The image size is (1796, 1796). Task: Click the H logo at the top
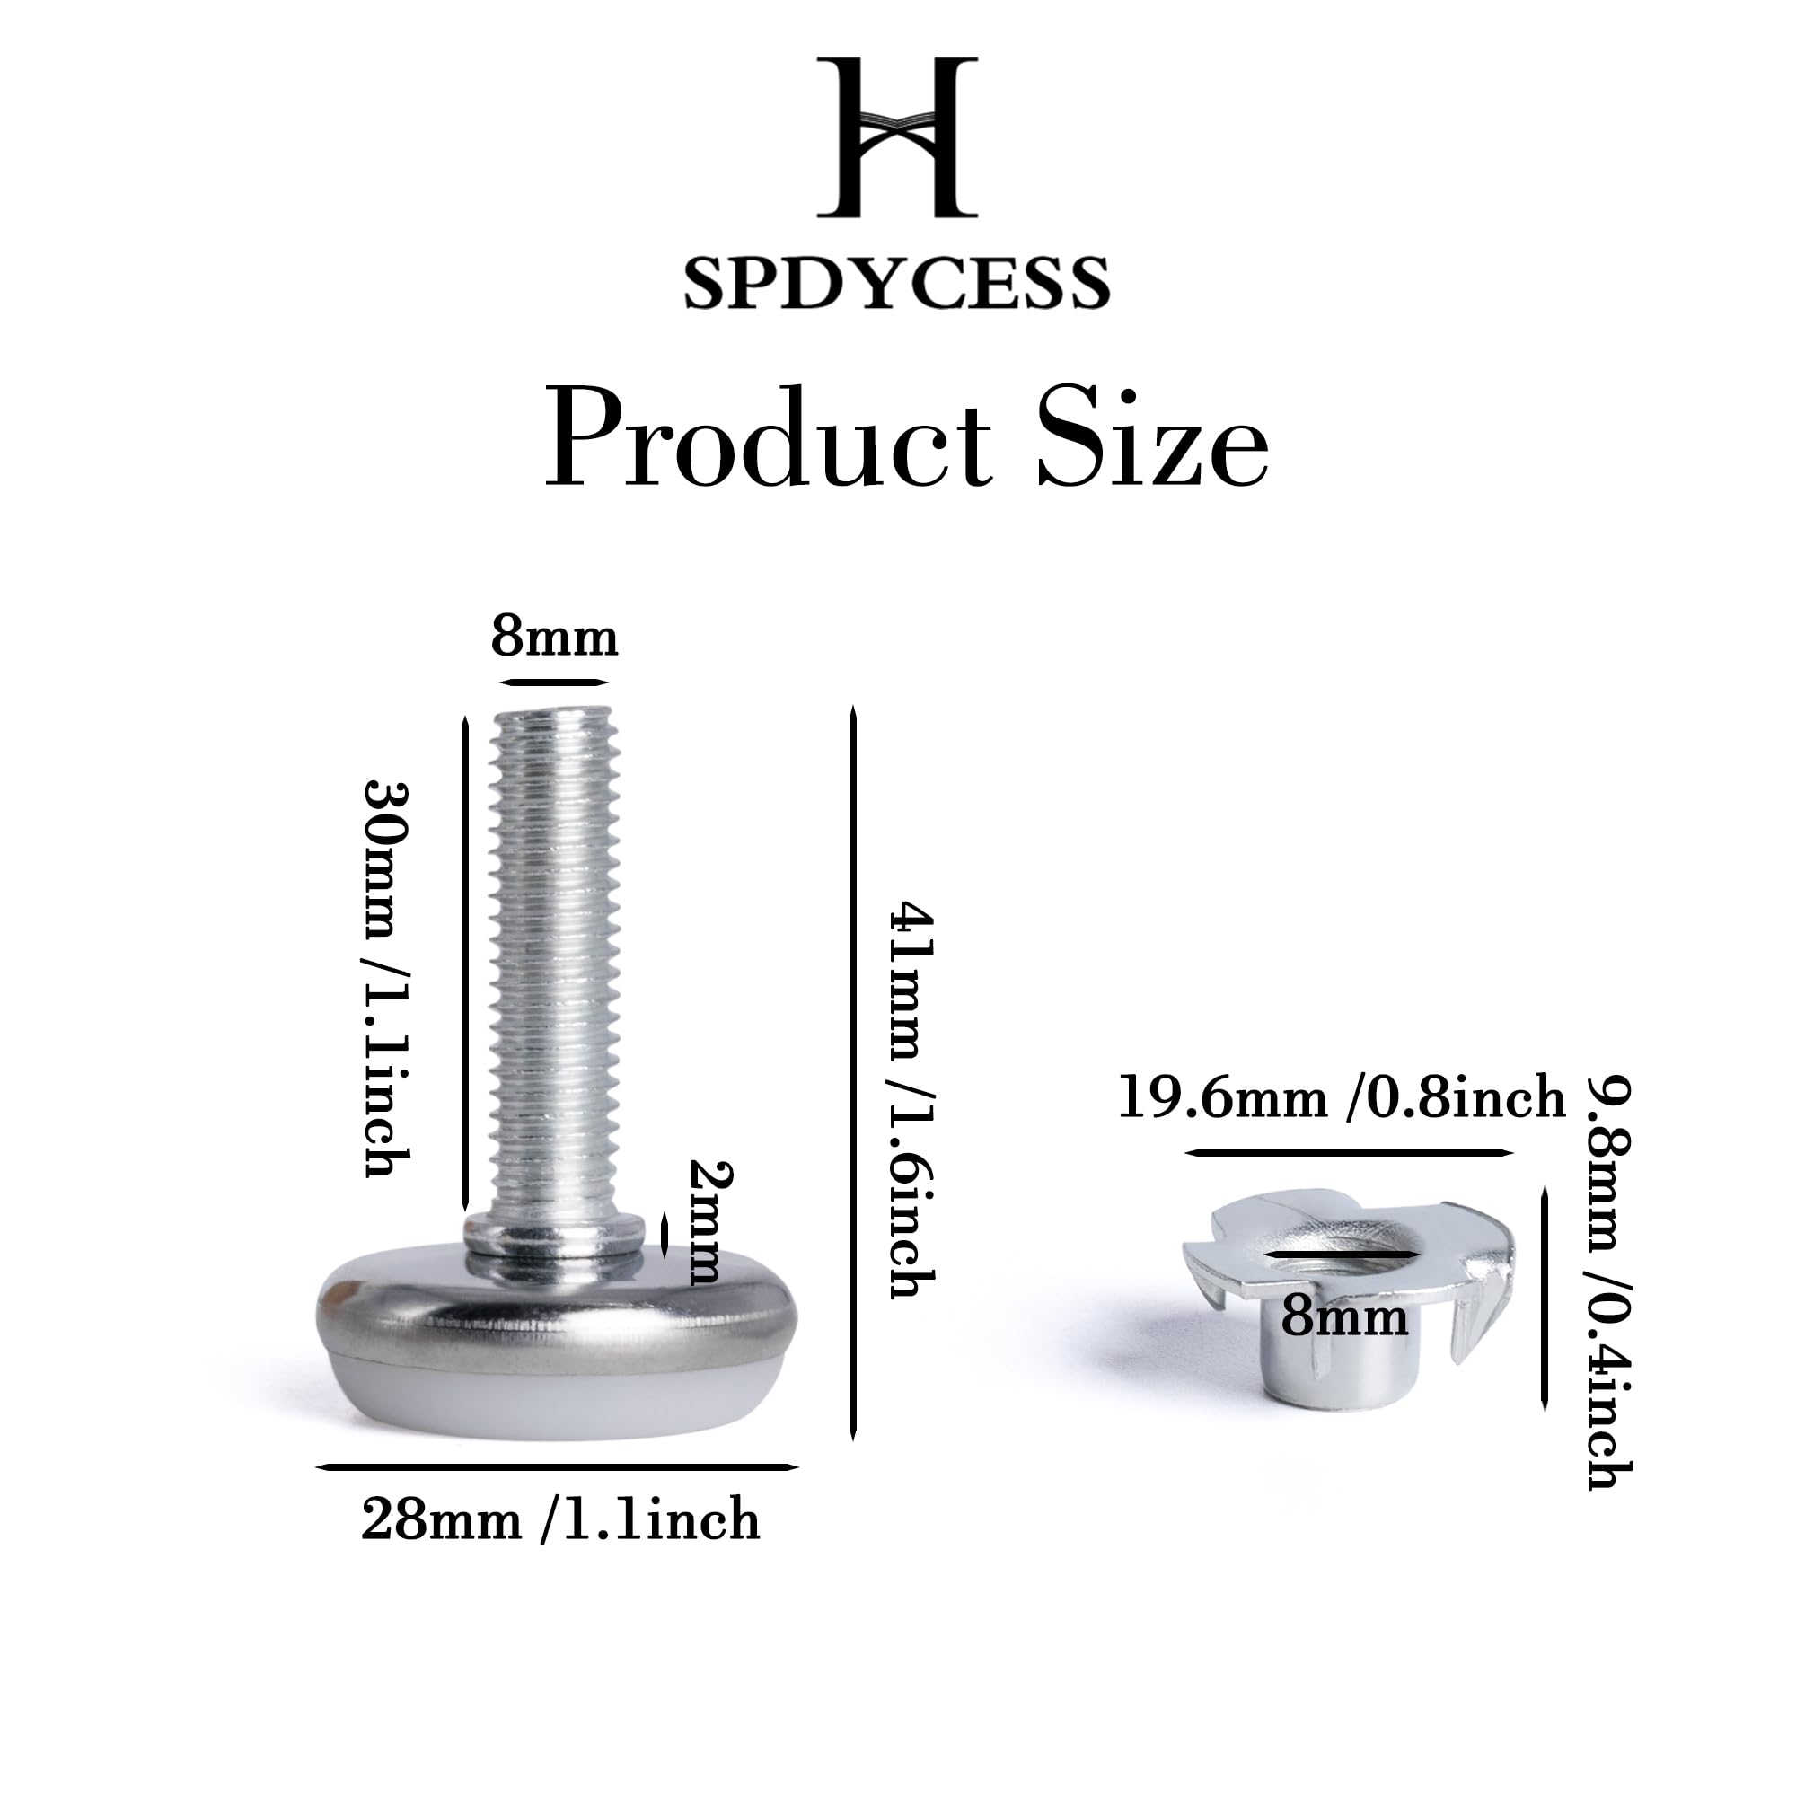click(x=897, y=136)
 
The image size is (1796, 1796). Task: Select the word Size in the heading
click(x=1153, y=438)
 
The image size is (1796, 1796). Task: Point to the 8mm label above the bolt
click(x=554, y=638)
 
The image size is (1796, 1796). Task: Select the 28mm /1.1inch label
click(x=560, y=1521)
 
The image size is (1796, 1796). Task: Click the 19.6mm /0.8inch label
click(x=1343, y=1097)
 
